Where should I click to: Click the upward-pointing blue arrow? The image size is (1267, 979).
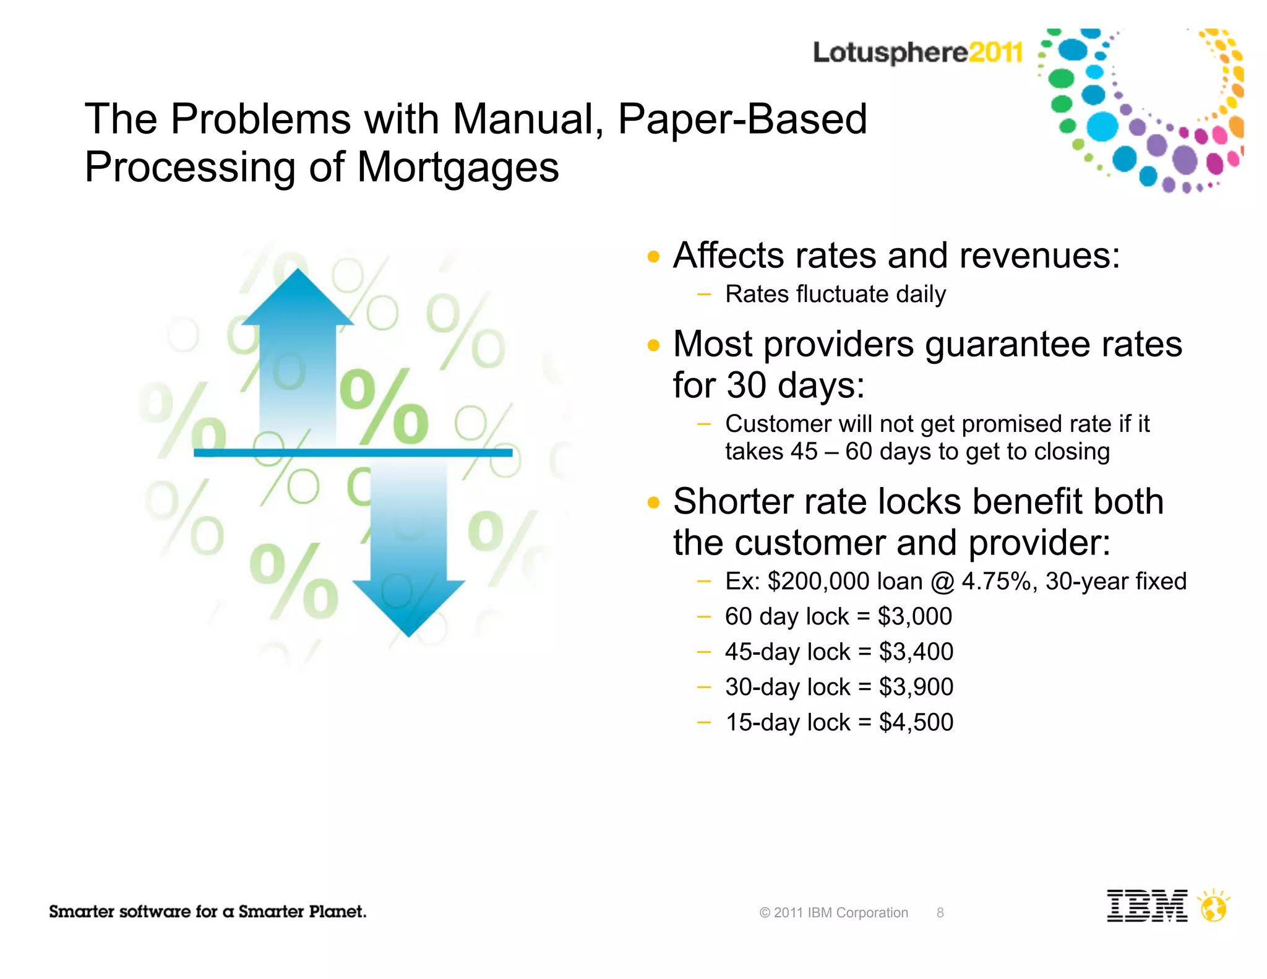[x=298, y=347]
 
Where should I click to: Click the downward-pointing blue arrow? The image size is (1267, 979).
[x=408, y=557]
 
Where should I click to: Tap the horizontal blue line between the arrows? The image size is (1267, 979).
[x=353, y=453]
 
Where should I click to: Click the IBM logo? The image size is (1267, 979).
[x=1146, y=906]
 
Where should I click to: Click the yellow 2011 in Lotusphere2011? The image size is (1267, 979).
[x=995, y=53]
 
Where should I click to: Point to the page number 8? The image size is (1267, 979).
[x=940, y=913]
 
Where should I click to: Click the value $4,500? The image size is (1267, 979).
[x=916, y=722]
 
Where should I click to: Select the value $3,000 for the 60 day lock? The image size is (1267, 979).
[x=915, y=616]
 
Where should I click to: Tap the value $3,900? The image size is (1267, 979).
[x=916, y=687]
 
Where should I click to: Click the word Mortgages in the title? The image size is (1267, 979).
[x=458, y=168]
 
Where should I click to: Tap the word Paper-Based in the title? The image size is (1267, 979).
[x=742, y=119]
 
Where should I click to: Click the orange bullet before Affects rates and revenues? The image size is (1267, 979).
[x=653, y=256]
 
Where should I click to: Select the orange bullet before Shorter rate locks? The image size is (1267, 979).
[x=653, y=502]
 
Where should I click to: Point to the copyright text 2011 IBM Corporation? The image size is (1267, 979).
[x=834, y=913]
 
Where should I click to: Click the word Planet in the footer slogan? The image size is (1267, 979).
[x=337, y=912]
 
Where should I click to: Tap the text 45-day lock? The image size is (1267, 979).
[x=788, y=652]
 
